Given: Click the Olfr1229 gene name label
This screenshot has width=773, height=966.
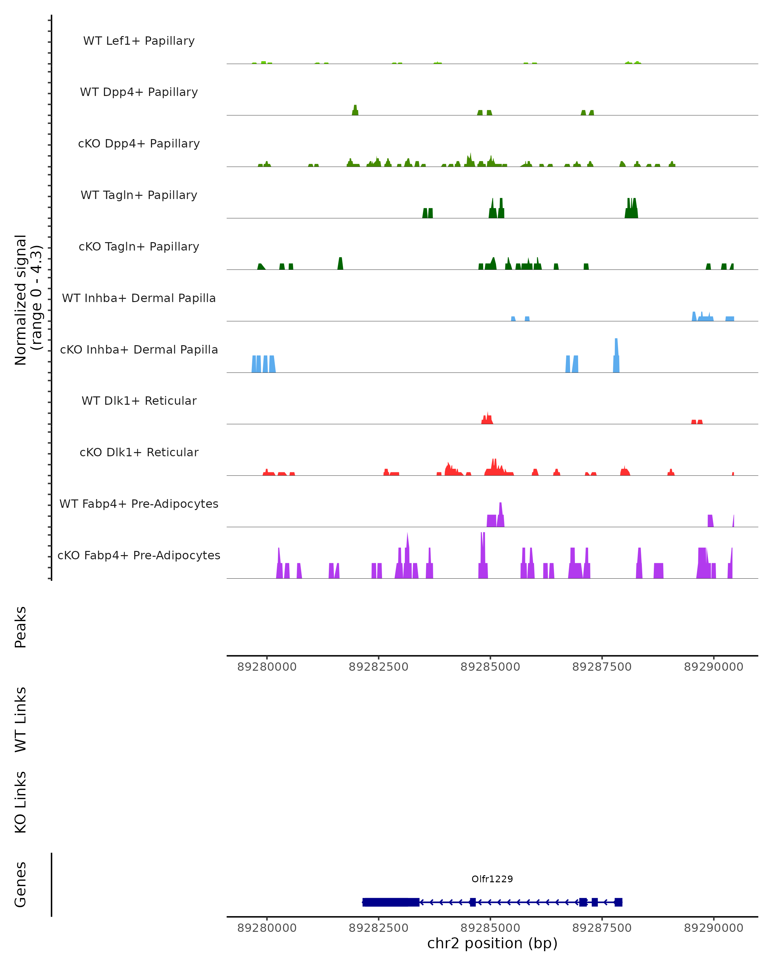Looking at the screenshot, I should (x=492, y=879).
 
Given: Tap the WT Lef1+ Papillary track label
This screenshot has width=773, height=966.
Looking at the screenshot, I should (x=139, y=41).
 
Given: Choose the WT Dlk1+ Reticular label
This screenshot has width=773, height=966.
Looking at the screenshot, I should (x=139, y=401).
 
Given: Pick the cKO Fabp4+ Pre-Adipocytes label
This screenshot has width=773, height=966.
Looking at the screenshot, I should (x=139, y=555).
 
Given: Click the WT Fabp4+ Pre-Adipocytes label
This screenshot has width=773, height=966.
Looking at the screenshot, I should (x=139, y=504).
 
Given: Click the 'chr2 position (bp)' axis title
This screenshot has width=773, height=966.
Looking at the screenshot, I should (x=492, y=943).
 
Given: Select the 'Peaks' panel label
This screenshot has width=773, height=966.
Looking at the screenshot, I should (x=21, y=627).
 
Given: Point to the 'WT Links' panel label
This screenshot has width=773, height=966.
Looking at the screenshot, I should (x=21, y=719).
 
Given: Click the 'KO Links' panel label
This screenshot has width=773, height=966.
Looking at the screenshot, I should (x=21, y=802).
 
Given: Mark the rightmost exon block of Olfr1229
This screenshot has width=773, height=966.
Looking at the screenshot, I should (x=618, y=902).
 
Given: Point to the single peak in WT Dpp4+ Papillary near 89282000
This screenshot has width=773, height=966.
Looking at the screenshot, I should (x=355, y=110).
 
